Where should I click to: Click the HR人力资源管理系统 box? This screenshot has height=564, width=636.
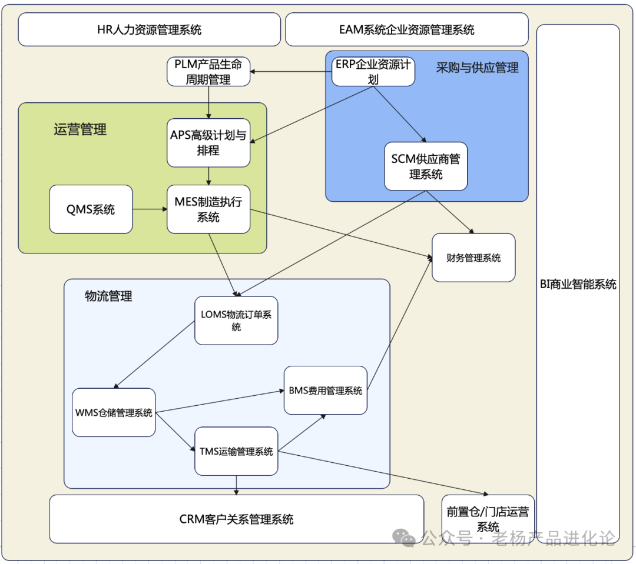[x=149, y=29]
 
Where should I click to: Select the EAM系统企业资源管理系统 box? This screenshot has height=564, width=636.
[x=406, y=29]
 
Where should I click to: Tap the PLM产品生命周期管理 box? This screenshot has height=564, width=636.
[x=208, y=71]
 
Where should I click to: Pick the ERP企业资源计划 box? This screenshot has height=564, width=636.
[x=373, y=71]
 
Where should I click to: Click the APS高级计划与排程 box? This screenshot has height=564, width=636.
[x=208, y=142]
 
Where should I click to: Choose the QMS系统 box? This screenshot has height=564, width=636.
[x=91, y=209]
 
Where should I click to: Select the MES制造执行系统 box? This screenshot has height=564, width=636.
[x=208, y=209]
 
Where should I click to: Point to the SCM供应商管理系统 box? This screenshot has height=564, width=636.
[x=426, y=166]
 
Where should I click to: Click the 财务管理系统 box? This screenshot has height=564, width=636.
[x=473, y=258]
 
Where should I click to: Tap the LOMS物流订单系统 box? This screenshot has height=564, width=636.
[x=236, y=321]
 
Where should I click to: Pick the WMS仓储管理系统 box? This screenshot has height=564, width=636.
[x=114, y=412]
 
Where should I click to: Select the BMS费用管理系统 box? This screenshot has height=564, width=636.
[x=326, y=391]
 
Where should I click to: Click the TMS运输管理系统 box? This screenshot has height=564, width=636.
[x=236, y=451]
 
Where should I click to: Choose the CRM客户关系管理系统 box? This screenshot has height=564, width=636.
[x=236, y=519]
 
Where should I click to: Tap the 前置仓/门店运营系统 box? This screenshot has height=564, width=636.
[x=488, y=519]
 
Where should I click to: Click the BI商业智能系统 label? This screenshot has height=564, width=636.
[x=578, y=284]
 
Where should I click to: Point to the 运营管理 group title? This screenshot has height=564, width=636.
[x=80, y=129]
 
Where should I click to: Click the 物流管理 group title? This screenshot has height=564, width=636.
[x=108, y=296]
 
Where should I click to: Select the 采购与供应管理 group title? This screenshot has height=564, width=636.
[x=477, y=68]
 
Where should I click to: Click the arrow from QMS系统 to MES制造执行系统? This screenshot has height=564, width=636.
[x=150, y=209]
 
